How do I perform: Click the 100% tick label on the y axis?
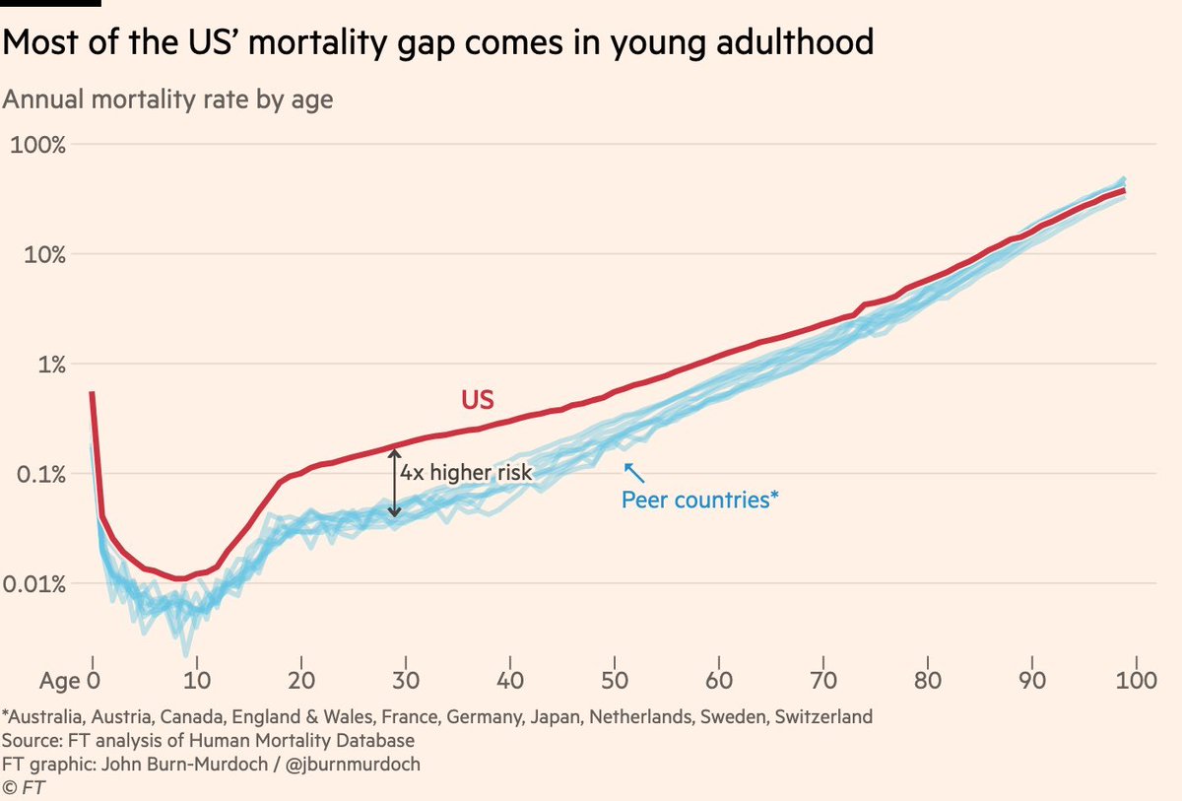pos(36,145)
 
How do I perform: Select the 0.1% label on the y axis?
pos(36,475)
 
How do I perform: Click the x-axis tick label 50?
pos(614,680)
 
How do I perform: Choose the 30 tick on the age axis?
pos(405,680)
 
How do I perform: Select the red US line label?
pos(477,399)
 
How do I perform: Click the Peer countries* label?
pos(699,500)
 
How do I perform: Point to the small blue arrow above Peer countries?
pos(630,472)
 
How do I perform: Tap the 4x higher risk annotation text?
pos(465,473)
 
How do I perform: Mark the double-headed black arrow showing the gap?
pos(394,483)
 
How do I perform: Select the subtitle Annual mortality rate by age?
pos(168,100)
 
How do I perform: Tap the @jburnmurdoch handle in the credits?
pos(349,764)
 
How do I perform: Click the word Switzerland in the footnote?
pos(823,716)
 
